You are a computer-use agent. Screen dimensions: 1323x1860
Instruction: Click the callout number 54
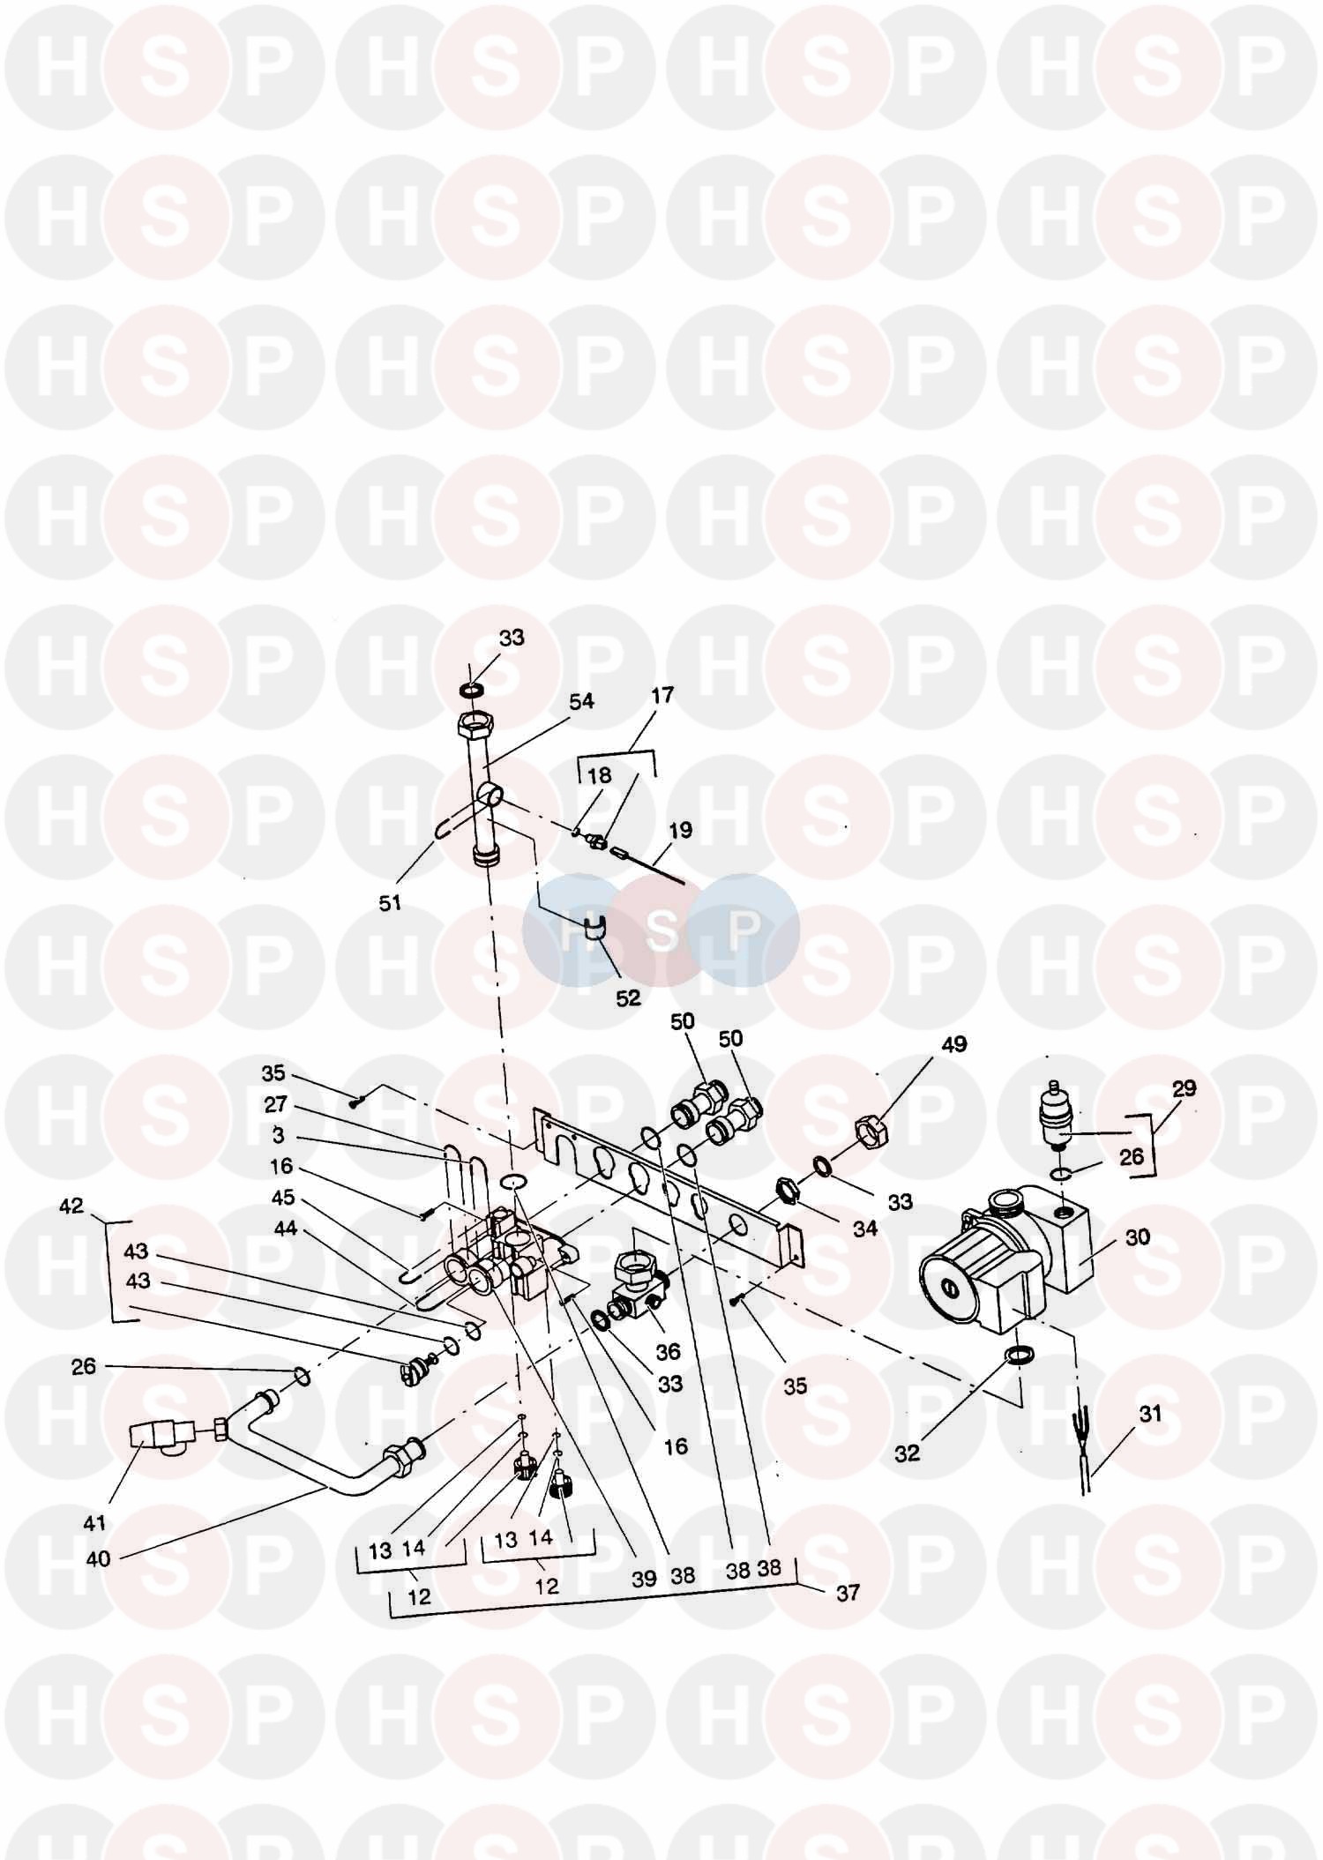pos(581,701)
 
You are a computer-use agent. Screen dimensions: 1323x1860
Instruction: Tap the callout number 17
pos(662,695)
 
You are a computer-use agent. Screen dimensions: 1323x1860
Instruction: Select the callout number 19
pos(680,830)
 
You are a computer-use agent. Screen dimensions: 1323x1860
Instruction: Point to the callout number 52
pos(628,998)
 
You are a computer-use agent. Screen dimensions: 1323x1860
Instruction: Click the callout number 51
pos(390,903)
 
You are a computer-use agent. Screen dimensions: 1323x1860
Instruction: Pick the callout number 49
pos(954,1044)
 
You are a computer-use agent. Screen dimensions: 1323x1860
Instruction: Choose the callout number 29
pos(1184,1088)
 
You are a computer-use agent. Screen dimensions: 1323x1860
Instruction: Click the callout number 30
pos(1138,1236)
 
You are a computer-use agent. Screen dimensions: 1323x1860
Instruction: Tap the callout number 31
pos(1150,1414)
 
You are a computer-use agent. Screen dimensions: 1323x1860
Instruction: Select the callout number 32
pos(907,1454)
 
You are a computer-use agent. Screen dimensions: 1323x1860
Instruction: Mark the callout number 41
pos(94,1522)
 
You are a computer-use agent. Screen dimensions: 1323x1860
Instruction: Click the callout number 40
pos(98,1559)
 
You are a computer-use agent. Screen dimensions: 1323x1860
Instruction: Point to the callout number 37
pos(848,1594)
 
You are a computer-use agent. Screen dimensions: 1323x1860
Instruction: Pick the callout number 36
pos(668,1351)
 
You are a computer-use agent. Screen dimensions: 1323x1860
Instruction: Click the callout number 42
pos(71,1206)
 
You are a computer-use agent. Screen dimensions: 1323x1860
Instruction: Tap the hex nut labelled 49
pos(871,1127)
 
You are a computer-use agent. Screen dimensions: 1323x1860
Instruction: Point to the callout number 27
pos(276,1105)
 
